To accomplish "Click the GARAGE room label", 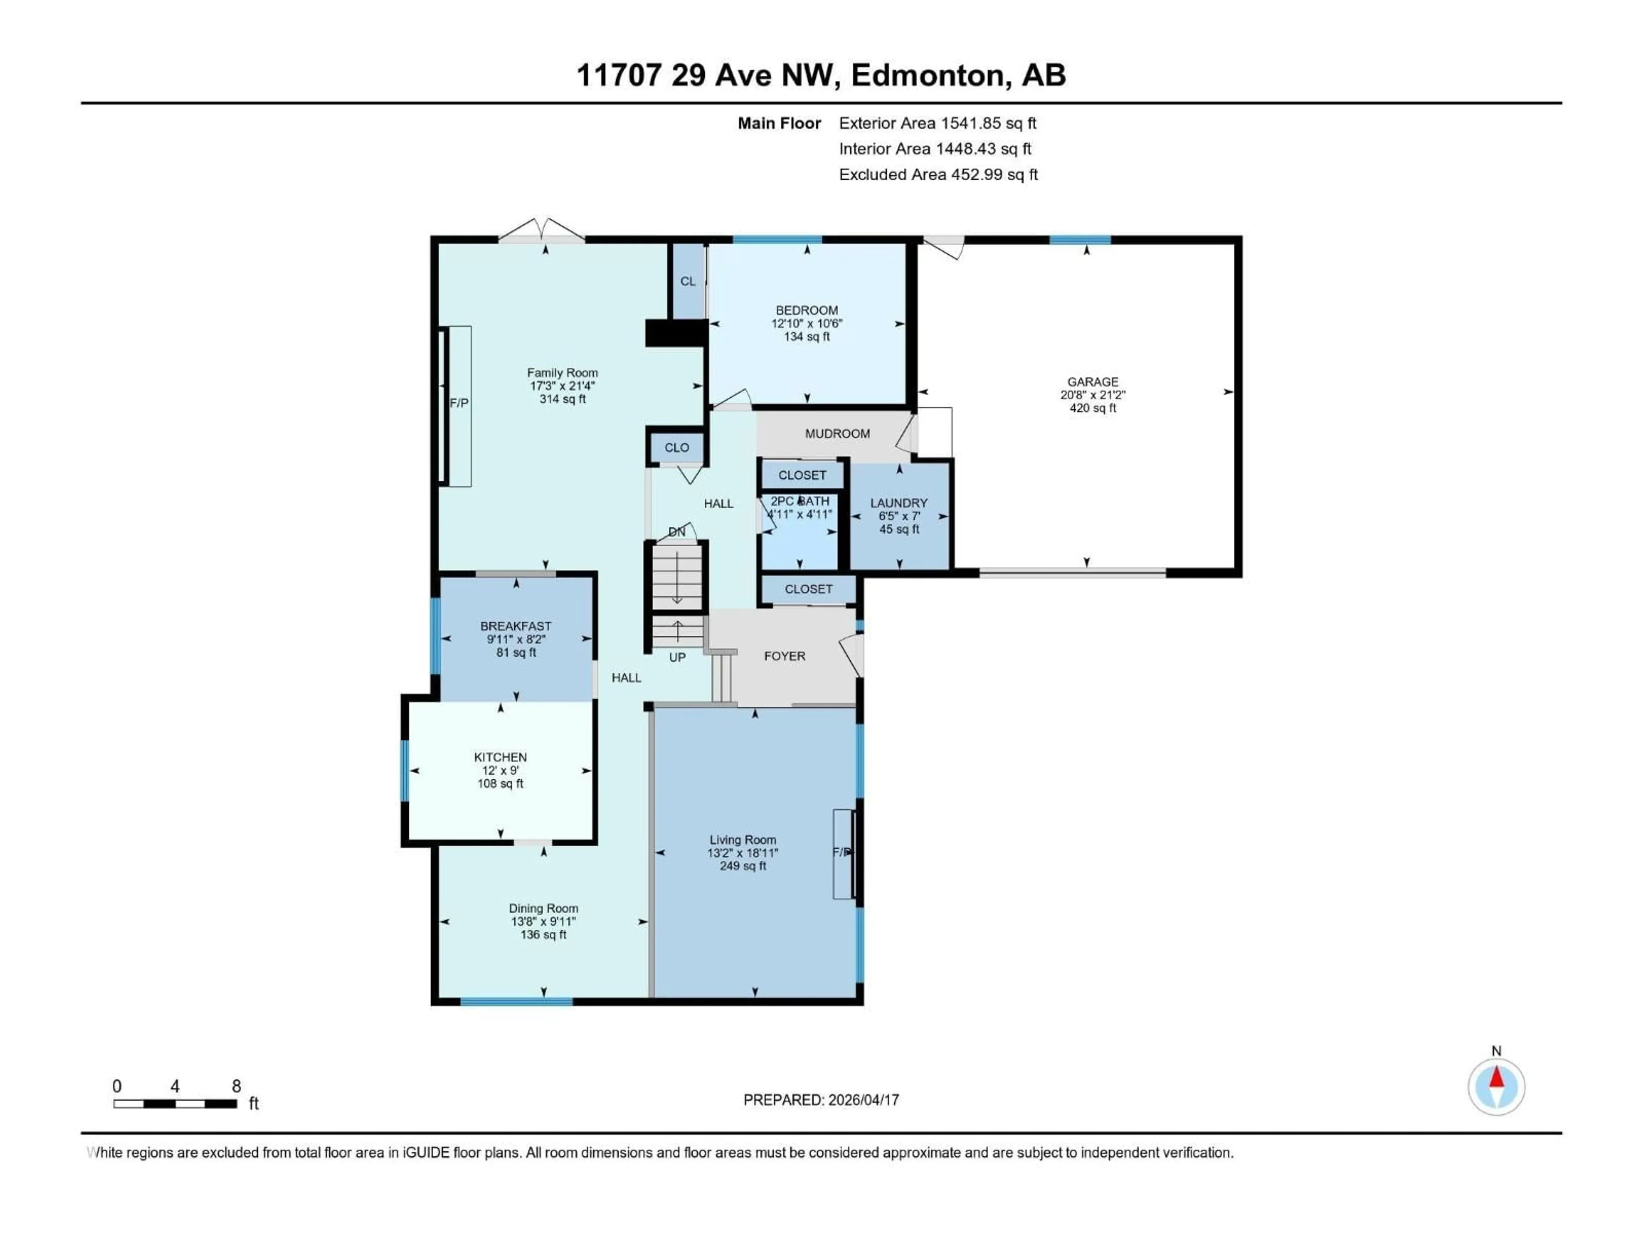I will point(1093,382).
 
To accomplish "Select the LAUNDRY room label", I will point(899,503).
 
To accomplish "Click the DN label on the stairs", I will point(676,532).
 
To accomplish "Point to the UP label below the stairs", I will point(677,658).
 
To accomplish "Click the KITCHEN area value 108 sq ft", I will point(500,784).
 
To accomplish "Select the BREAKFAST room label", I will point(516,626).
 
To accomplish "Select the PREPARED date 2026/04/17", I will point(863,1100).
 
